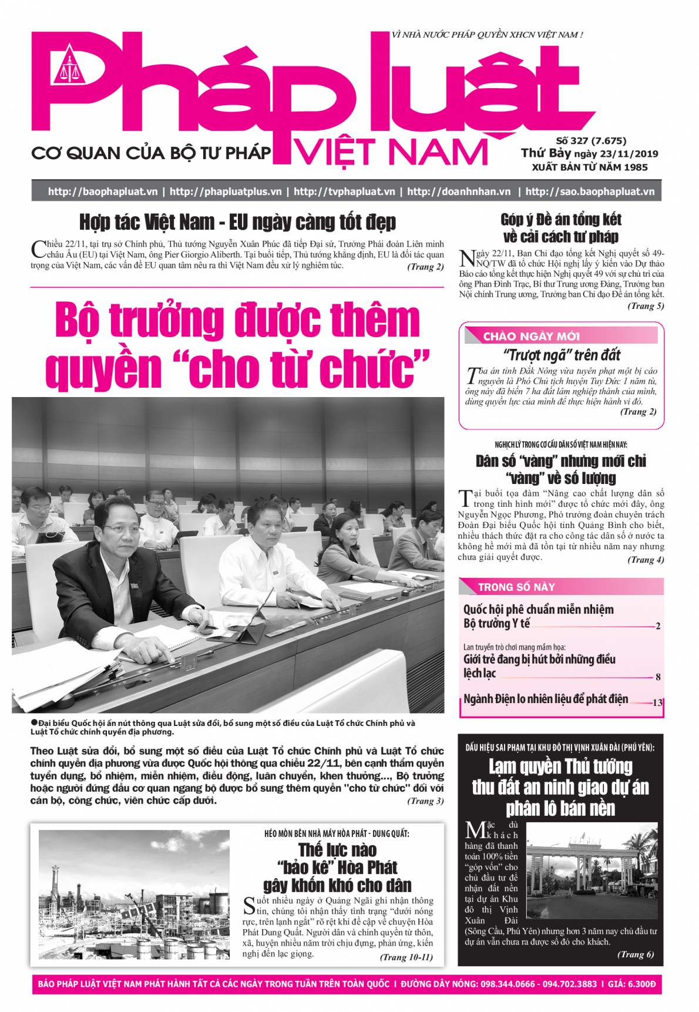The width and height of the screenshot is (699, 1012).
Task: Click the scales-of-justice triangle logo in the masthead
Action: click(69, 66)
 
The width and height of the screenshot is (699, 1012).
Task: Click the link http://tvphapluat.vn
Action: click(344, 191)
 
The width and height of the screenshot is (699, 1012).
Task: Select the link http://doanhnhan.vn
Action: click(459, 191)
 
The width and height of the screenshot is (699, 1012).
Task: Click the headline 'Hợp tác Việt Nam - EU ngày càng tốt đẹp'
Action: click(237, 223)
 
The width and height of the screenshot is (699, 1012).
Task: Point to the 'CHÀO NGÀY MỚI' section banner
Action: click(531, 336)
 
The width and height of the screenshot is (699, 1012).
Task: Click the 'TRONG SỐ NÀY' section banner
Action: click(516, 587)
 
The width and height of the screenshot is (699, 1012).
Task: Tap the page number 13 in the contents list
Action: click(657, 702)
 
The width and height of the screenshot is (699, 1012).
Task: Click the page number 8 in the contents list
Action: click(658, 677)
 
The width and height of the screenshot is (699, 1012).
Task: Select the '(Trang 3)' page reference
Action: click(425, 801)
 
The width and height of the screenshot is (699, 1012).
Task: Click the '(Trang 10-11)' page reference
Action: click(406, 957)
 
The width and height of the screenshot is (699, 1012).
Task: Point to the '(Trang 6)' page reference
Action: click(636, 954)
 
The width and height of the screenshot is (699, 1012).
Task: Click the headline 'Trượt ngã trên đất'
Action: click(562, 355)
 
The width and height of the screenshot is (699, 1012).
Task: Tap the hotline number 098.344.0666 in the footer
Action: click(508, 984)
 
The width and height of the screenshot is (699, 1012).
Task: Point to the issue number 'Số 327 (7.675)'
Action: click(591, 141)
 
